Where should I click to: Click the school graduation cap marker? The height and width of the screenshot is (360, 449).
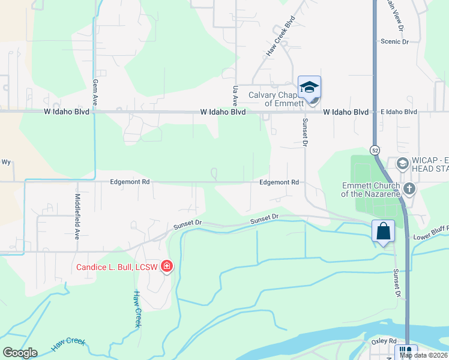309,88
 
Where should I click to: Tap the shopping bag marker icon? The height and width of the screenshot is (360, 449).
383,231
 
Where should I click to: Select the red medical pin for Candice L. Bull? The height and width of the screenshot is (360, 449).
166,266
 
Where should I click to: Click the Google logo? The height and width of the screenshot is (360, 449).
20,353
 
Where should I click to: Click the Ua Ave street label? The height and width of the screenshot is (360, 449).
235,95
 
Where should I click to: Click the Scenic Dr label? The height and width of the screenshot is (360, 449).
394,41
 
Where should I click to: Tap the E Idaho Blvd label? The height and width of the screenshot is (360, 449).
399,112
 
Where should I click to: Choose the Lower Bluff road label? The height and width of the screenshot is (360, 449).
430,237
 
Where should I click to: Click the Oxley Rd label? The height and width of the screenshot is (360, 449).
384,341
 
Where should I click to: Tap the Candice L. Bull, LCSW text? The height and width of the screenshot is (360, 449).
116,267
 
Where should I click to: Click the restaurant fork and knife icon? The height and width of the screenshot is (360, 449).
405,352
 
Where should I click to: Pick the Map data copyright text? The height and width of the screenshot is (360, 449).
424,355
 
